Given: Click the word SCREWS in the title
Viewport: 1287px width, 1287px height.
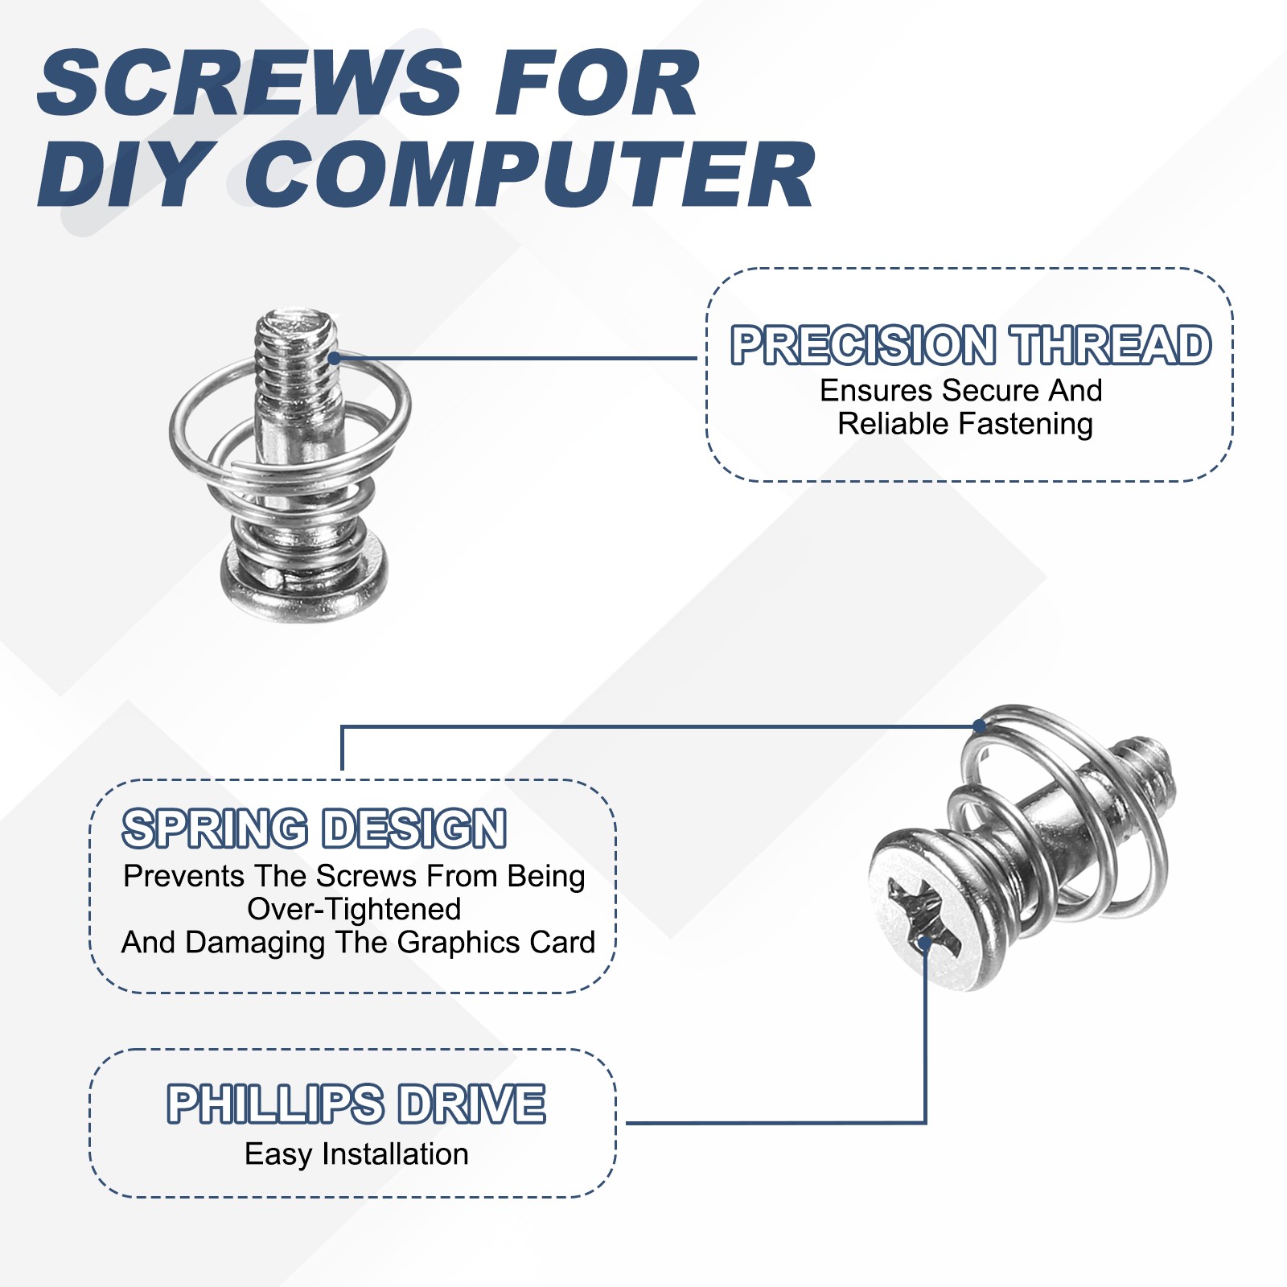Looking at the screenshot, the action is (x=249, y=83).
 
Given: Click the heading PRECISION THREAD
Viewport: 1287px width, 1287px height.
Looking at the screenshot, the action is (x=970, y=345).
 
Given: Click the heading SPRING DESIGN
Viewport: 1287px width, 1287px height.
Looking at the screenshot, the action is (x=315, y=829).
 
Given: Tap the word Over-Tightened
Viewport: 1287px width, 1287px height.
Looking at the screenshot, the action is (x=354, y=909).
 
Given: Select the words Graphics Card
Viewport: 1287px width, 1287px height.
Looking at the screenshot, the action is (x=495, y=942).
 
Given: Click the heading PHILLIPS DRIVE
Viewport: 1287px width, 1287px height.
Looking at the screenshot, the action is (x=356, y=1104).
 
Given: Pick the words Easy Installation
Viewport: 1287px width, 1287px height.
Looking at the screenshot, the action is (x=356, y=1154).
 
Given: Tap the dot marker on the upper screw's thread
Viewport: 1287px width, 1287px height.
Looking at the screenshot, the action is (x=334, y=358).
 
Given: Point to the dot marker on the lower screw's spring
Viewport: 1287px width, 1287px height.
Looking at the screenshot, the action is (x=979, y=726).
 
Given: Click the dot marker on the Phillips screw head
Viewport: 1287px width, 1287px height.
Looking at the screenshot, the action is (x=925, y=940).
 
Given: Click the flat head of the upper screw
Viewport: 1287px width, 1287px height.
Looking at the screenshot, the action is (x=304, y=583).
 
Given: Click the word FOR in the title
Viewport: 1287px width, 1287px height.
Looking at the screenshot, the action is (x=595, y=83).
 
